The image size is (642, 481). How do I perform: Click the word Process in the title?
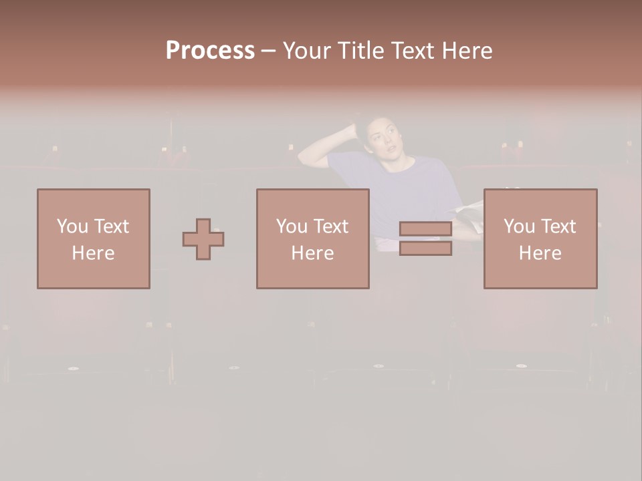(x=210, y=51)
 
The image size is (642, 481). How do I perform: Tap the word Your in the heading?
(x=308, y=51)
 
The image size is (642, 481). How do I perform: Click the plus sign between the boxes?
(x=203, y=239)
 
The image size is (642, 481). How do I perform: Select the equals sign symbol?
(x=425, y=238)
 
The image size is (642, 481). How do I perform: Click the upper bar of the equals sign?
(x=425, y=229)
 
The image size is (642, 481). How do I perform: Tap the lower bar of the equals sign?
(x=425, y=248)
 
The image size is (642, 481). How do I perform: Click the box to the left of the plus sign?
(x=94, y=238)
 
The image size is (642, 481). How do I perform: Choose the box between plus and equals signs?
(x=313, y=238)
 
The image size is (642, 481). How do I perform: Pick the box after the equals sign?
(x=540, y=238)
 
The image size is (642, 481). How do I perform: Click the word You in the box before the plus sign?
(x=72, y=226)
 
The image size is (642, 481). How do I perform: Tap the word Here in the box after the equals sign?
(x=540, y=253)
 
